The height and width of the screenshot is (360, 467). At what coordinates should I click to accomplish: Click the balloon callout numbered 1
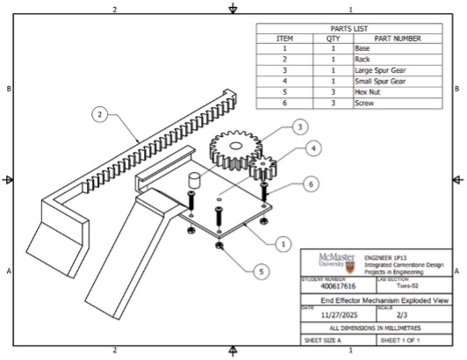pyautogui.click(x=283, y=242)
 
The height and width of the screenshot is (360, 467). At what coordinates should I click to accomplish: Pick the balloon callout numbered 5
pyautogui.click(x=260, y=272)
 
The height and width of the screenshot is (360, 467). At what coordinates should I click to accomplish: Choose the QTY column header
pyautogui.click(x=333, y=39)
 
